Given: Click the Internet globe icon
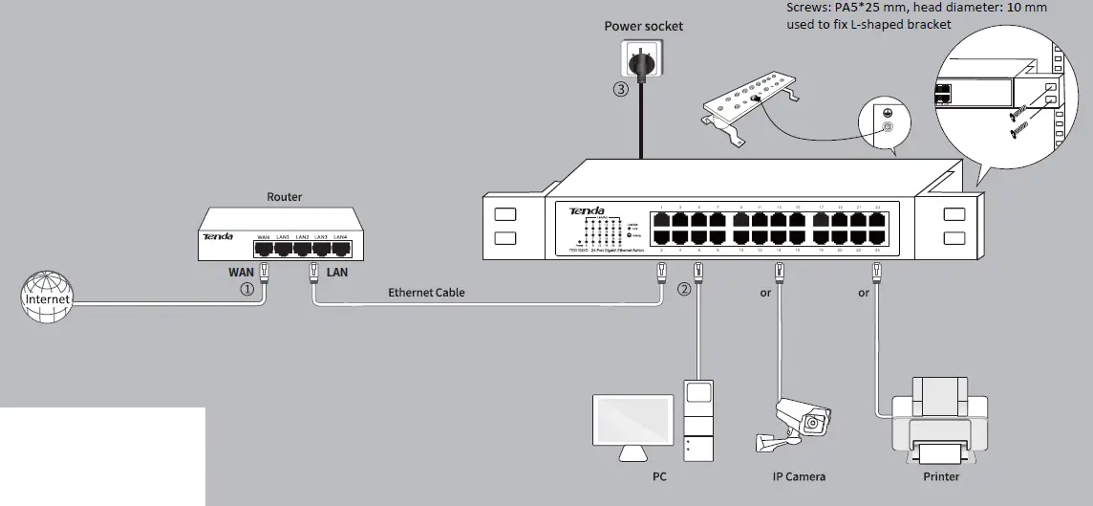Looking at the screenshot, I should tap(47, 298).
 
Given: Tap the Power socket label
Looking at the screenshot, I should tap(643, 26).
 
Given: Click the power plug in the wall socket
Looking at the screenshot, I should tap(638, 63).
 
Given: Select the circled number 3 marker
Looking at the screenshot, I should tap(621, 90).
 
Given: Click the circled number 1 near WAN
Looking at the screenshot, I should tap(246, 289).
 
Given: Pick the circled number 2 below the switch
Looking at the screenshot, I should tap(683, 289).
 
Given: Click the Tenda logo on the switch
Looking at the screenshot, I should tap(587, 210).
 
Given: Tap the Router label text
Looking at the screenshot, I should tap(284, 197).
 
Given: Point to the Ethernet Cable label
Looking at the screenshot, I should tap(426, 292).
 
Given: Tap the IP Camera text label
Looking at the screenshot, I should tap(799, 476).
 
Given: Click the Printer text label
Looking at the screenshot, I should tap(940, 476).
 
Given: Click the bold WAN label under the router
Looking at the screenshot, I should tap(240, 273).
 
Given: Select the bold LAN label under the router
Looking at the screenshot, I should tap(337, 273).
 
